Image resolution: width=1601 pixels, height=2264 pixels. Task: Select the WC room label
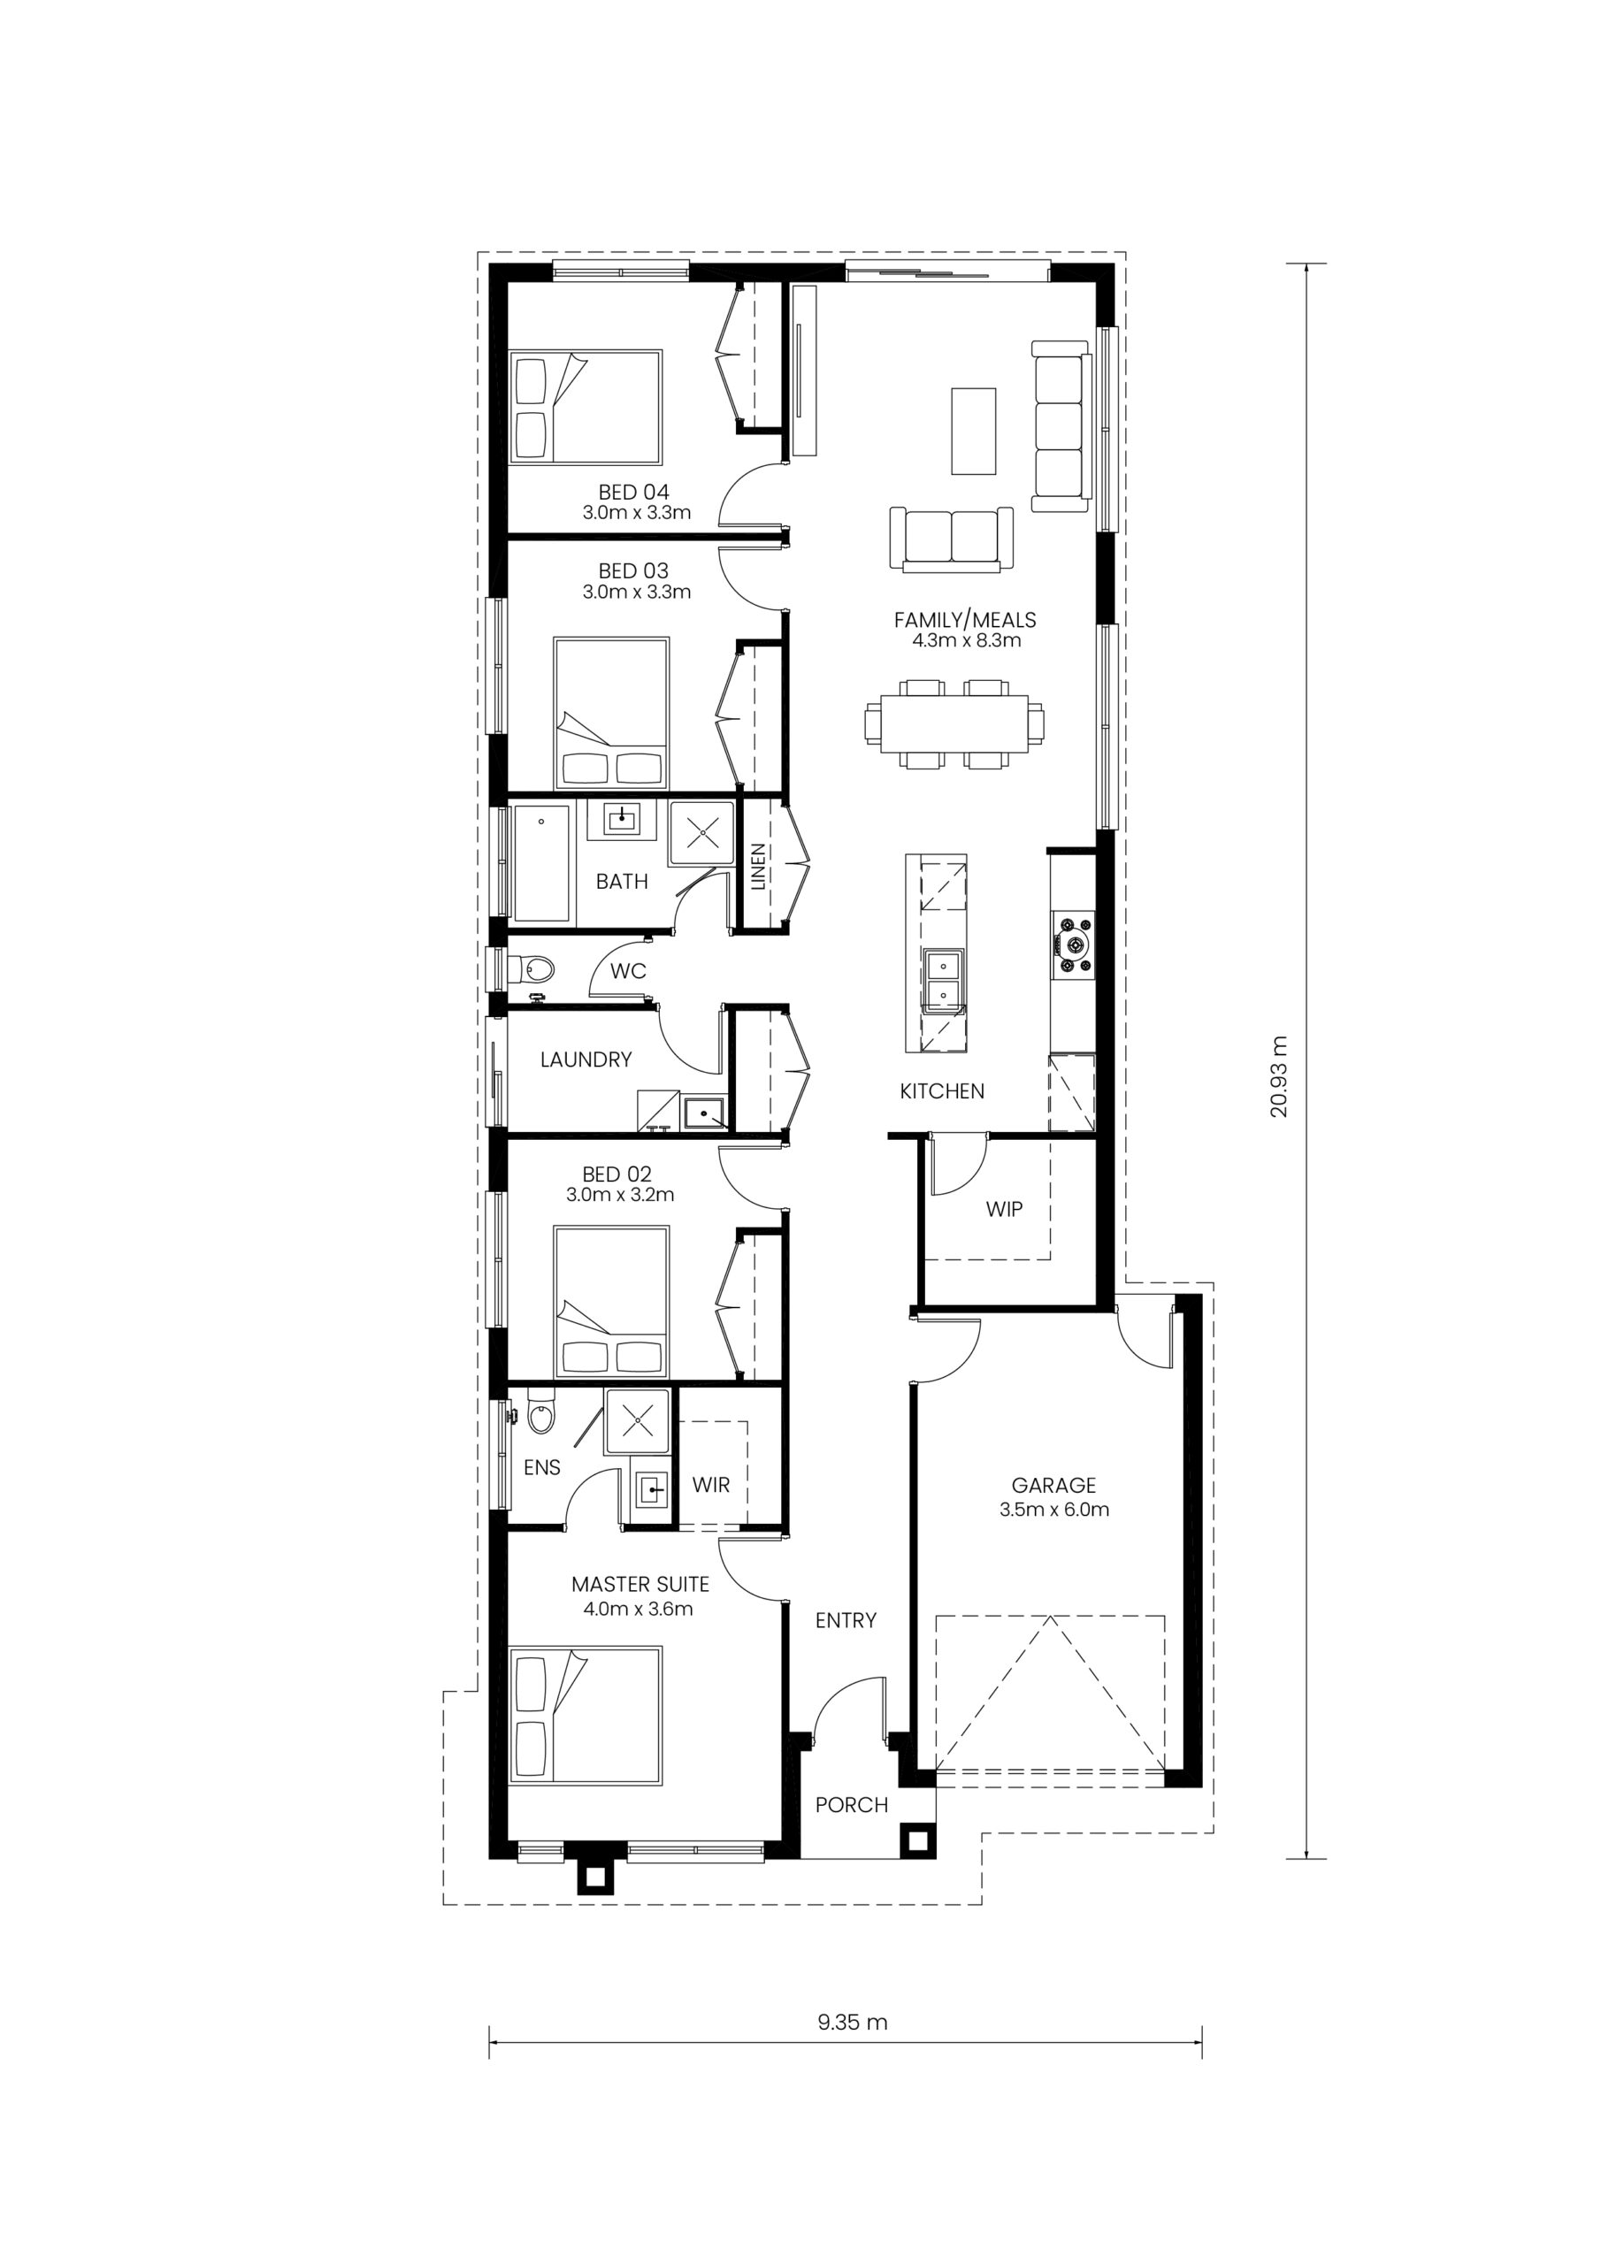[x=627, y=970]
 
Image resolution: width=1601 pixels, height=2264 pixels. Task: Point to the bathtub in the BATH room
[x=541, y=864]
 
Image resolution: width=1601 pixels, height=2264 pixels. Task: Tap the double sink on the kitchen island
[x=943, y=981]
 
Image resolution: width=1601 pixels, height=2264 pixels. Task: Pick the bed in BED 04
[x=585, y=406]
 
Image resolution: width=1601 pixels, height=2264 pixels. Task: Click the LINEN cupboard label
[x=757, y=867]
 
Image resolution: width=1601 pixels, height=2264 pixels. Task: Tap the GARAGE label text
[x=1053, y=1485]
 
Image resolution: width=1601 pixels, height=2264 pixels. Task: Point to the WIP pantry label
[x=1004, y=1209]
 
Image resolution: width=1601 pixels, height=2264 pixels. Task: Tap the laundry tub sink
[x=704, y=1113]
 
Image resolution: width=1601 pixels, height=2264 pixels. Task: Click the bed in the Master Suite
[x=585, y=1715]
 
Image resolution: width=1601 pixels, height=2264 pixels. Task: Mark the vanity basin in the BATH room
[x=623, y=821]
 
